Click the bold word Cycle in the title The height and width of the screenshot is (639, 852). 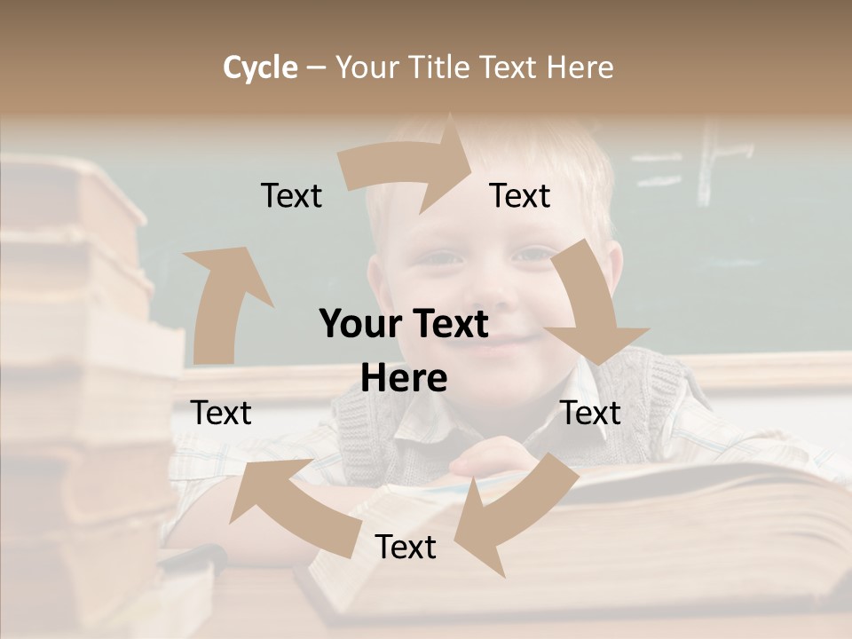click(260, 67)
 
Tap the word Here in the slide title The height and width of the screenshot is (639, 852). click(580, 67)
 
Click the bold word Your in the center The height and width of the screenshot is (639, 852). click(356, 324)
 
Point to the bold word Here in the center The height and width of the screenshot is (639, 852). click(404, 378)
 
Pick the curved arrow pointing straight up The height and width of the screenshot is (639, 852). click(222, 302)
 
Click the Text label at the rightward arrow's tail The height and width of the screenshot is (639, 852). click(291, 196)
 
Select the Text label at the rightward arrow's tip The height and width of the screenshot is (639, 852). click(520, 196)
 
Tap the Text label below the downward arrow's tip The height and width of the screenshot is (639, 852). click(590, 413)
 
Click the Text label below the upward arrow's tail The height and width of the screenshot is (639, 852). click(221, 413)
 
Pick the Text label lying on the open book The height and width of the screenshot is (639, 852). click(406, 547)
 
